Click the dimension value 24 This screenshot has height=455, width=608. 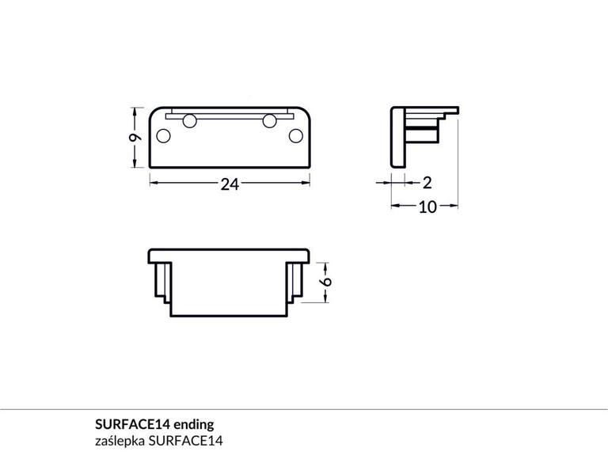coord(230,184)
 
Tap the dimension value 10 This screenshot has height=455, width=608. coord(427,207)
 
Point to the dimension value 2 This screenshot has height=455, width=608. coord(427,183)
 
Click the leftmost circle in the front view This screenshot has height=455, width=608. coord(164,135)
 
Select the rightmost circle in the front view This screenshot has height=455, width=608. coord(295,135)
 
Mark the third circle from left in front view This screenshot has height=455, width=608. coord(270,121)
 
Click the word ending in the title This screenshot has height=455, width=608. coord(193,423)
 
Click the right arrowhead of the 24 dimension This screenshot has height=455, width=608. coord(307,183)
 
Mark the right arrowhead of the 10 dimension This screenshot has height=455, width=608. coord(456,206)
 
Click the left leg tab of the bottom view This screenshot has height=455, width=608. coord(161,282)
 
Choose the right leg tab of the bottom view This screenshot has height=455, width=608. coord(296,282)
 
